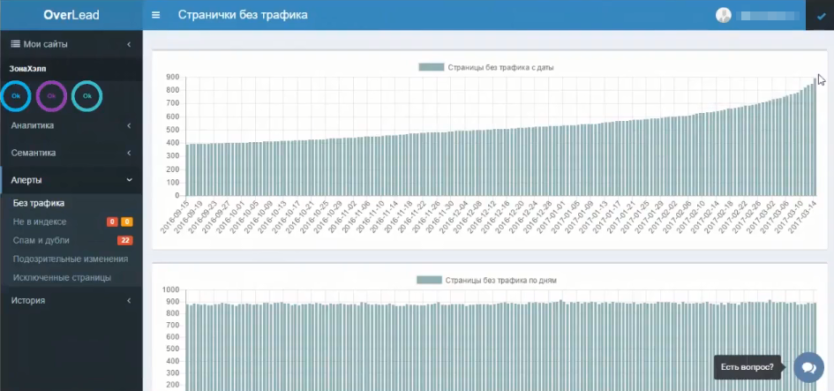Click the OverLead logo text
click(x=71, y=15)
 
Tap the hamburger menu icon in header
click(x=156, y=15)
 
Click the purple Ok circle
click(x=51, y=95)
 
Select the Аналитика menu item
click(x=33, y=126)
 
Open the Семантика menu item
click(x=34, y=153)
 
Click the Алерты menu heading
click(x=27, y=180)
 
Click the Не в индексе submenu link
click(x=40, y=222)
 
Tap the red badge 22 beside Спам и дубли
click(x=125, y=240)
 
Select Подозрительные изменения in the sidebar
click(x=71, y=259)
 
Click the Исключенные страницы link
click(x=62, y=277)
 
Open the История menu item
click(x=28, y=300)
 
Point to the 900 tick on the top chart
click(x=173, y=77)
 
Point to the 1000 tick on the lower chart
click(x=171, y=289)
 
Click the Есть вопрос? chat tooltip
click(x=747, y=367)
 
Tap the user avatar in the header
click(x=724, y=15)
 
